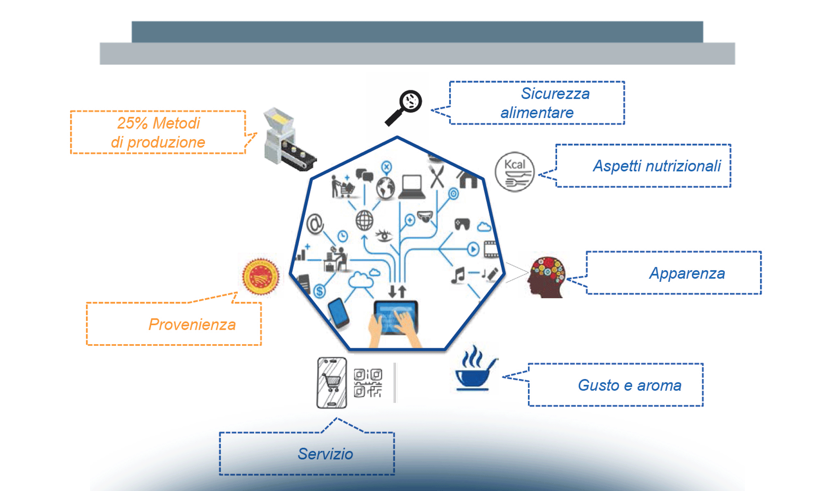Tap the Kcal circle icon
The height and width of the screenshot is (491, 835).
(515, 172)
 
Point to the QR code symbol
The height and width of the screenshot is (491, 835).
(368, 383)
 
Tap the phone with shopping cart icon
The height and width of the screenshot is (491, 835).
(332, 383)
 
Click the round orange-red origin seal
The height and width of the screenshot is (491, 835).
(261, 277)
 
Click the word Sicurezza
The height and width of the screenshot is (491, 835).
(555, 94)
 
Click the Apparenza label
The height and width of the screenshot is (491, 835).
(687, 273)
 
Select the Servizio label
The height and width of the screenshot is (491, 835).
(325, 454)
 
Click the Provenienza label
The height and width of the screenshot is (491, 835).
(192, 324)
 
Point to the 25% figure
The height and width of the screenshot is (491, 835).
(132, 123)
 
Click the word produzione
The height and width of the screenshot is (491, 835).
(166, 142)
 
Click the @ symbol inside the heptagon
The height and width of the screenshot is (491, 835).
(315, 223)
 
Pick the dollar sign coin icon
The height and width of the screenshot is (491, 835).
(320, 291)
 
